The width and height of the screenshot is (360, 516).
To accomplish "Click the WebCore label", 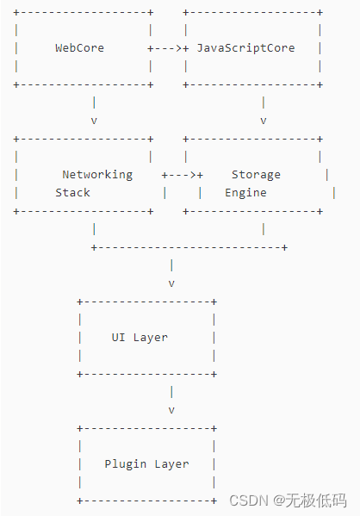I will [x=79, y=48].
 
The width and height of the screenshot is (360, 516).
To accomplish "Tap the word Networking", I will [x=97, y=174].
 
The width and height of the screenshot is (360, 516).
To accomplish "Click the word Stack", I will [x=72, y=193].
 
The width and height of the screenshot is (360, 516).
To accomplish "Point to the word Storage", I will [x=256, y=174].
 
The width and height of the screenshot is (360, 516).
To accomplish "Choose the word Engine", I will [x=245, y=193].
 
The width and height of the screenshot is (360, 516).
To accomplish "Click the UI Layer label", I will [x=140, y=337].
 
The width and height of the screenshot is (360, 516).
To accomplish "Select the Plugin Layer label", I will [x=146, y=463].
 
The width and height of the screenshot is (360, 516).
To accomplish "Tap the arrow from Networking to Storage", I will [x=183, y=174].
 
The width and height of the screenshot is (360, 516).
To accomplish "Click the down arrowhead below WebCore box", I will [x=94, y=121].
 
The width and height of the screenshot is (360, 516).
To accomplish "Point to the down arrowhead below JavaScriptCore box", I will [x=263, y=121].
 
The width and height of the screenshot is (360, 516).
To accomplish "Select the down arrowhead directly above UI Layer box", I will [x=171, y=283].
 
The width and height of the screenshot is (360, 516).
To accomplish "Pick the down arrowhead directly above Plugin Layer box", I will [x=171, y=410].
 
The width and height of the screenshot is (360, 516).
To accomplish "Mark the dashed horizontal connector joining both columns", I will [x=189, y=247].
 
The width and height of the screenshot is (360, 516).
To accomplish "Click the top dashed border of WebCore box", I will [x=83, y=12].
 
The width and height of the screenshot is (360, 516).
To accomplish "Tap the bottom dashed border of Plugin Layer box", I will [x=146, y=500].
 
